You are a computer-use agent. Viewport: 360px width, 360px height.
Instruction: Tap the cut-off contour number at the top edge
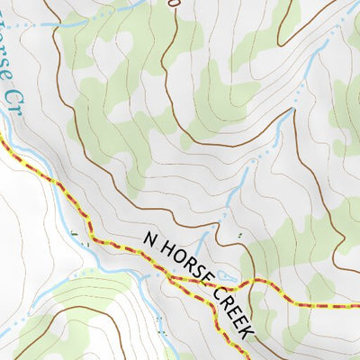click(x=175, y=3)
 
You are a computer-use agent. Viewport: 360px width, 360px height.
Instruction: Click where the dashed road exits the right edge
click(x=357, y=305)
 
